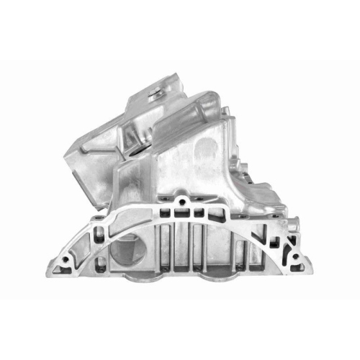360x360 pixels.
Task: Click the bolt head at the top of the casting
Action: pos(155,91)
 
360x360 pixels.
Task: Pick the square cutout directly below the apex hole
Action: pos(184,212)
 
